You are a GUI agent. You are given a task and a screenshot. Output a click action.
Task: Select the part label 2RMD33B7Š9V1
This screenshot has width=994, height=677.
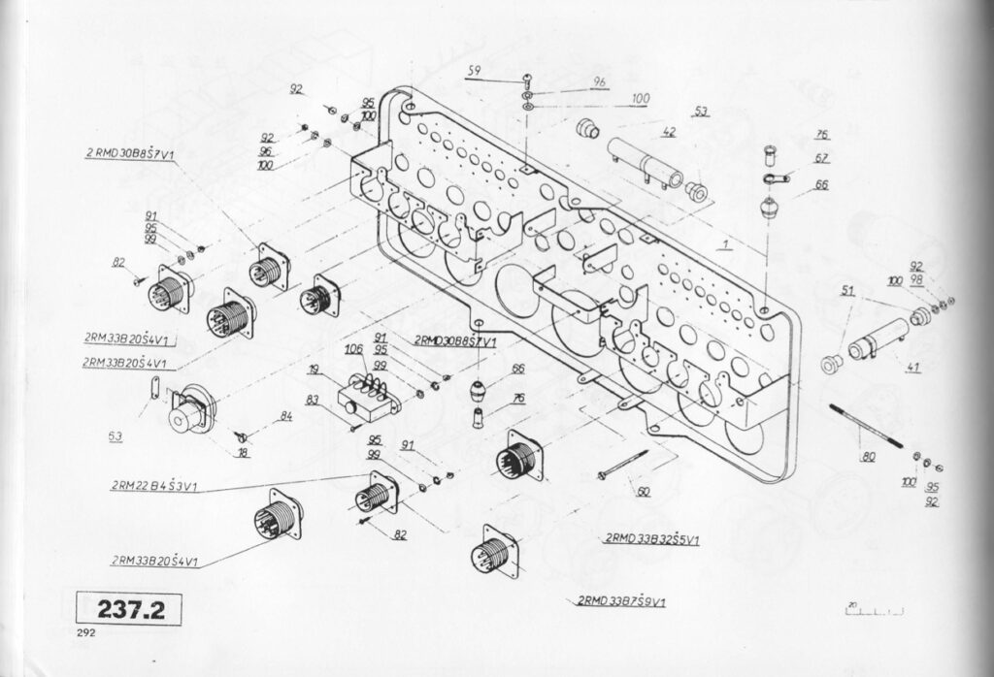pyautogui.click(x=621, y=600)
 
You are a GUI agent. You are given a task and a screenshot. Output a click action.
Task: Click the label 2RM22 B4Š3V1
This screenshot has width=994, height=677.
pyautogui.click(x=155, y=486)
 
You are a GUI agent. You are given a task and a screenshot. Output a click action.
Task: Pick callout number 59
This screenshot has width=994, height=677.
pyautogui.click(x=474, y=70)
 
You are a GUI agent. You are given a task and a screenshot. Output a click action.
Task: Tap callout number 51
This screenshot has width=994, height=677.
pyautogui.click(x=847, y=289)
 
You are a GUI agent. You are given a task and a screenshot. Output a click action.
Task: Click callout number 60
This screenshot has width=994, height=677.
pyautogui.click(x=643, y=492)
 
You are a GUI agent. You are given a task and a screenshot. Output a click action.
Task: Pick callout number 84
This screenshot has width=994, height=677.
pyautogui.click(x=285, y=416)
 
